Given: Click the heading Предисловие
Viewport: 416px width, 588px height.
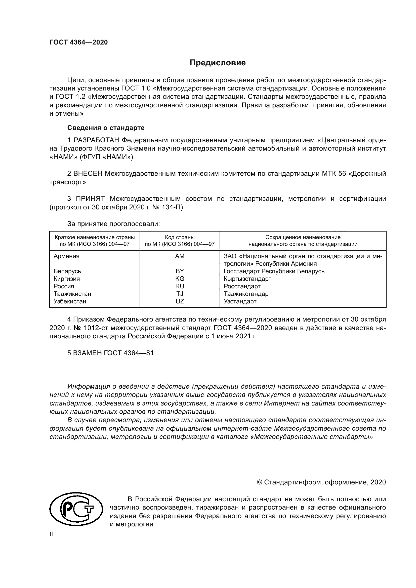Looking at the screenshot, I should (218, 63).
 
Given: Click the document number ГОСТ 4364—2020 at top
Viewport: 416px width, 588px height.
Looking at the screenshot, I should (79, 42).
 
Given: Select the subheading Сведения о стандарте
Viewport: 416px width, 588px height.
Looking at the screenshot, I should (106, 127).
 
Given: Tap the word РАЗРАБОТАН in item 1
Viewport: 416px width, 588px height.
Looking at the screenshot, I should (96, 140).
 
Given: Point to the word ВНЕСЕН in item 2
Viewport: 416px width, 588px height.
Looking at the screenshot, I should (88, 174).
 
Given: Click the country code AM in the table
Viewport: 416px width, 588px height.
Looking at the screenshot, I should (180, 256).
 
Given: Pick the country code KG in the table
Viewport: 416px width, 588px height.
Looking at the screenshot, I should (180, 279).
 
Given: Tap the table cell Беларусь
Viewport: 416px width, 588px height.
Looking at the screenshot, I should (67, 271).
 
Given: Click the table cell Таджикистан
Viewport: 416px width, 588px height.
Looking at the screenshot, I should (72, 294).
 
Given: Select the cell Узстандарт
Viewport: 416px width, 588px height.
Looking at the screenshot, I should (240, 301).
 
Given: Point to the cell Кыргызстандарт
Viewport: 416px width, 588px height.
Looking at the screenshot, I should (247, 279).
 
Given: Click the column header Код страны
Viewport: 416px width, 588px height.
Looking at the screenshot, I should (180, 237).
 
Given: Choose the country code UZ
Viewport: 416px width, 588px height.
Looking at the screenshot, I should (180, 301).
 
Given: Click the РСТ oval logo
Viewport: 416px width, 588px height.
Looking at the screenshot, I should (77, 511).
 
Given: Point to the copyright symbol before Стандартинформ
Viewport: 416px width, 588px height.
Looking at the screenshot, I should (259, 482).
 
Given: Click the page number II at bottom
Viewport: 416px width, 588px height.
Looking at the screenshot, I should (51, 534).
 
